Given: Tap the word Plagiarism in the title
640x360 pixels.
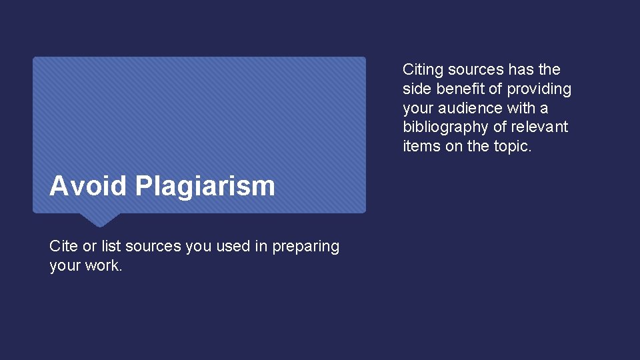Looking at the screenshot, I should pyautogui.click(x=205, y=187).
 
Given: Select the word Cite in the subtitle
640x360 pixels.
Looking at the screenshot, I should pyautogui.click(x=63, y=246).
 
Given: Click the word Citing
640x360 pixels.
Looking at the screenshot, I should pyautogui.click(x=423, y=70).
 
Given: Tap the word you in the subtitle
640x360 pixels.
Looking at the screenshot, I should pyautogui.click(x=198, y=247).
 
